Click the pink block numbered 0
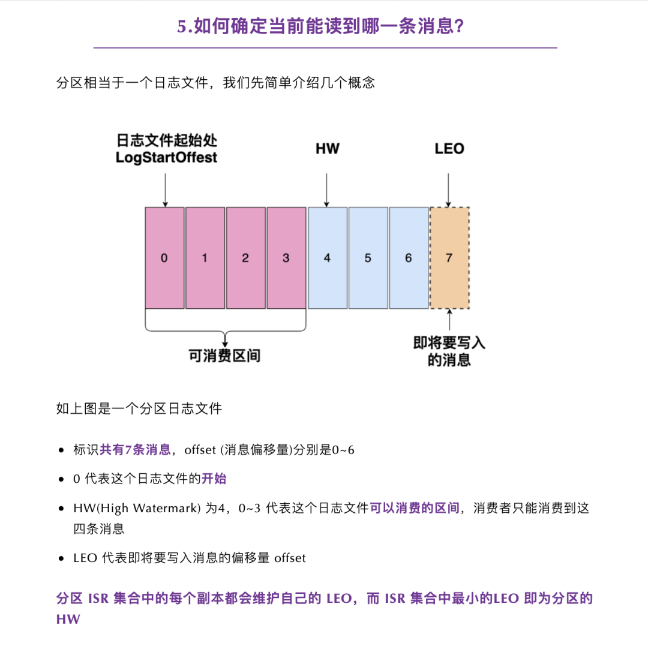164,258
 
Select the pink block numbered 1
205,258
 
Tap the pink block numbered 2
245,258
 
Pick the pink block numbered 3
286,258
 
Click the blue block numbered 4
327,258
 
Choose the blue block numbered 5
368,258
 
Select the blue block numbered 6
409,258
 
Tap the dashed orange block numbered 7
449,258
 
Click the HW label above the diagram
327,149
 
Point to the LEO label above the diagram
449,149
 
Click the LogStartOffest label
166,158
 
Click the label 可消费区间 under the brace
224,356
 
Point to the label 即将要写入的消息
449,351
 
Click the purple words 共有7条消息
135,449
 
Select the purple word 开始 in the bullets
214,479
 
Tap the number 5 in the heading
182,27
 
